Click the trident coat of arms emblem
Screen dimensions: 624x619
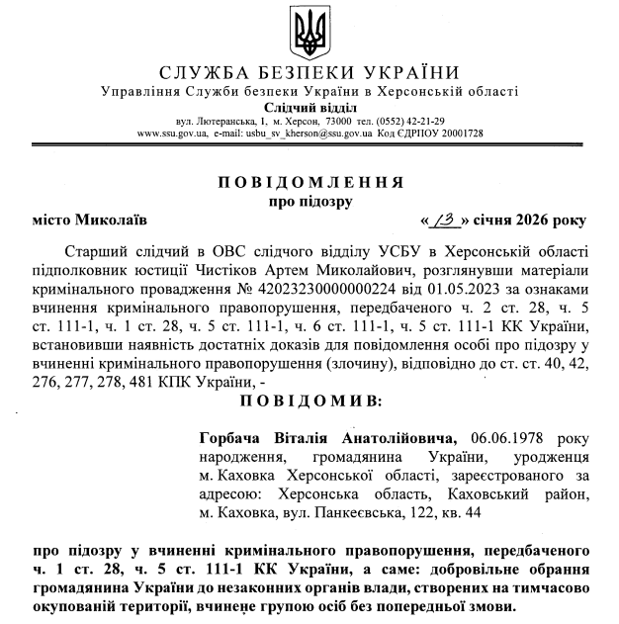pyautogui.click(x=309, y=33)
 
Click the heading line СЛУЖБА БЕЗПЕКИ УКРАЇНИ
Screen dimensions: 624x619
pyautogui.click(x=309, y=75)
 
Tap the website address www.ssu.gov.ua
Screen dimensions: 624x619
pyautogui.click(x=170, y=133)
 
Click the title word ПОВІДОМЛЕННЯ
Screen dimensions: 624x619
pyautogui.click(x=309, y=183)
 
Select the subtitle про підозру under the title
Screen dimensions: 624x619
pyautogui.click(x=309, y=202)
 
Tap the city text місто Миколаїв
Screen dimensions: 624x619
pyautogui.click(x=83, y=221)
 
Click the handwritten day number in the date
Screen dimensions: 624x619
pyautogui.click(x=445, y=220)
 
